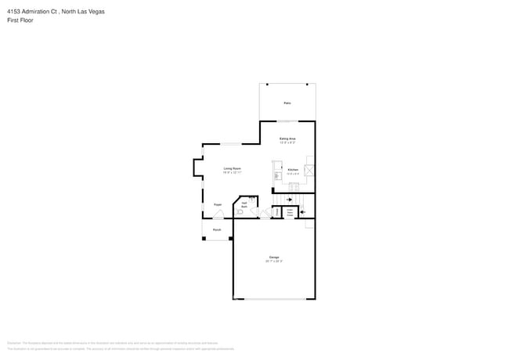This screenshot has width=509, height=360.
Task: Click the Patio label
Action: tap(287, 103)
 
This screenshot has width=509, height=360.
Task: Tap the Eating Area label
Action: tap(287, 139)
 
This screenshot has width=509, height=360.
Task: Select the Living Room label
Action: tap(232, 168)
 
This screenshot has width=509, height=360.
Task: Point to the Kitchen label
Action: tap(292, 169)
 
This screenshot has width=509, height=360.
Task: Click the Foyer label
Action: tap(218, 204)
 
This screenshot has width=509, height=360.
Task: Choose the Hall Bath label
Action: tap(244, 204)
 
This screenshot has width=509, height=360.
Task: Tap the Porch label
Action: tap(217, 230)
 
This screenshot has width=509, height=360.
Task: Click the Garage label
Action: tap(274, 257)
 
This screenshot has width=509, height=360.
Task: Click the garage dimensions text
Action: tap(274, 261)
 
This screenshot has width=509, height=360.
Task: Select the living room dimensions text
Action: tap(232, 172)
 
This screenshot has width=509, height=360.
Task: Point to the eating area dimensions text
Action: tap(287, 142)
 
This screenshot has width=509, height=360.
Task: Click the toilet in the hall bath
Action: tap(242, 212)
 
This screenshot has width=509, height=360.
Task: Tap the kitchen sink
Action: tap(277, 176)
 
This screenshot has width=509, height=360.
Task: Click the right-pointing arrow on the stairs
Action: tap(290, 200)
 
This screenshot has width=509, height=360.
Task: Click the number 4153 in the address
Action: tap(15, 12)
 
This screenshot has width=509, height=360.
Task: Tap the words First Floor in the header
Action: tap(20, 20)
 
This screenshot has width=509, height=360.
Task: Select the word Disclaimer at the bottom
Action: tap(13, 343)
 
